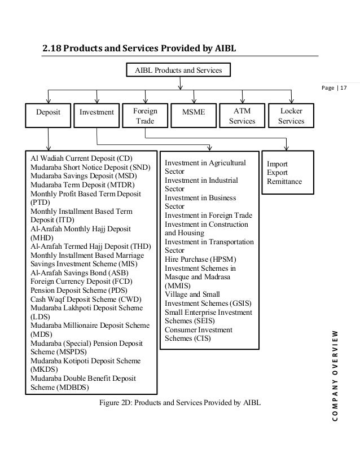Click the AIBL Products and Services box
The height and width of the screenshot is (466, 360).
179,71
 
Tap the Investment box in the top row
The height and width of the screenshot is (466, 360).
97,113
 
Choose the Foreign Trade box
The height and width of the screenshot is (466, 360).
145,116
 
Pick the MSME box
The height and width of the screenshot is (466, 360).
194,113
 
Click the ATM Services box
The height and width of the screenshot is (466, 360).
242,116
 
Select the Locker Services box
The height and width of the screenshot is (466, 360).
291,116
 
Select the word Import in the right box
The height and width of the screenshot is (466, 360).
277,163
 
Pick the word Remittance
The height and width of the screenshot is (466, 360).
284,181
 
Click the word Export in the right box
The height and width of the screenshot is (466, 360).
276,172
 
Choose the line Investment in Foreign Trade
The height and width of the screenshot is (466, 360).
208,216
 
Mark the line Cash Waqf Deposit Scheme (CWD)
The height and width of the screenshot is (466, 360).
86,298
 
